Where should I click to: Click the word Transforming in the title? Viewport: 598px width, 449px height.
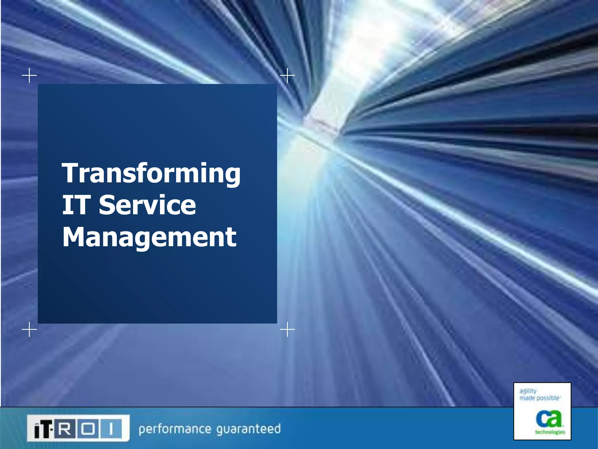(x=151, y=174)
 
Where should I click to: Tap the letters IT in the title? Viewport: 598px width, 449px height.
(x=75, y=205)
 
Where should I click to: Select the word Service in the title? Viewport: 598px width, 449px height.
(x=147, y=205)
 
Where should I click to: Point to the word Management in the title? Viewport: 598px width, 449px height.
(x=149, y=238)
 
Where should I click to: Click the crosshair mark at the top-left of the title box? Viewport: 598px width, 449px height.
(x=29, y=75)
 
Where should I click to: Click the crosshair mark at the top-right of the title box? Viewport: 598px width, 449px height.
(x=287, y=75)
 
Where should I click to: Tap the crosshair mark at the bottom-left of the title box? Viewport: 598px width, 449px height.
(x=29, y=330)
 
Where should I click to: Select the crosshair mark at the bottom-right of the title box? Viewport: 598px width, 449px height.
(x=287, y=330)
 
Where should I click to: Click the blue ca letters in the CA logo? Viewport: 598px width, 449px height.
(x=549, y=418)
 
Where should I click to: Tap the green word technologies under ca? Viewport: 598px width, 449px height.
(x=550, y=432)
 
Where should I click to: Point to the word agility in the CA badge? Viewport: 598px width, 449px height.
(x=528, y=391)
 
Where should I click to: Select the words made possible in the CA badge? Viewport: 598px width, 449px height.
(x=539, y=398)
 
